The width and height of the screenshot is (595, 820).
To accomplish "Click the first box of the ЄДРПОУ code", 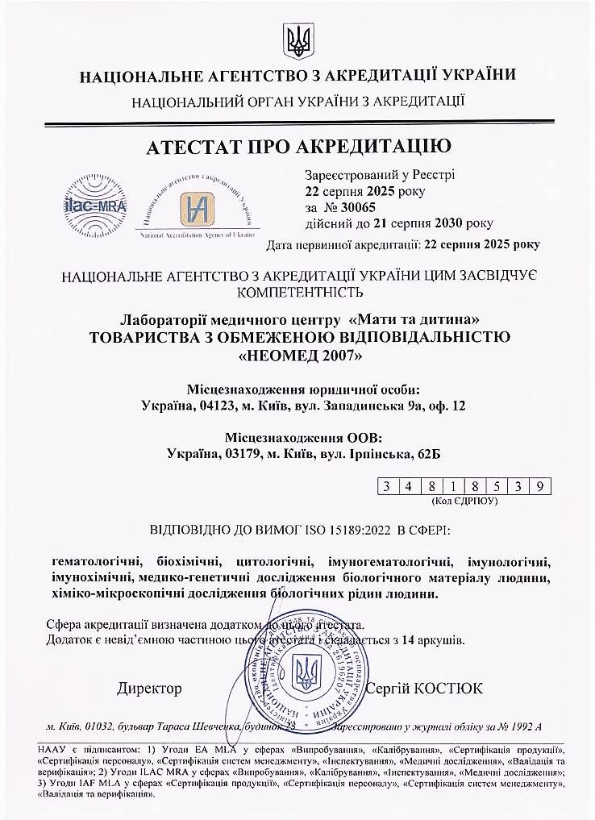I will click(x=387, y=485).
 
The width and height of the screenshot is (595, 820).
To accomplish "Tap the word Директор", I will click(x=150, y=689).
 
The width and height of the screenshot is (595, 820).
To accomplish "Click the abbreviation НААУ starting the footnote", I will click(x=53, y=750).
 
